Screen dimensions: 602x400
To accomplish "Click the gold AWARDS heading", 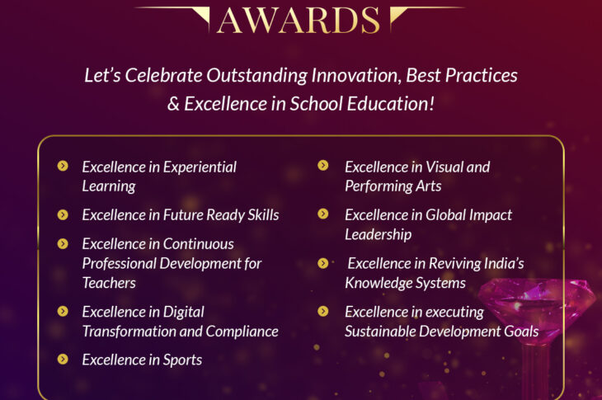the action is [299, 21].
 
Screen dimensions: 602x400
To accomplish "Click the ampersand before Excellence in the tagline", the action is [173, 104].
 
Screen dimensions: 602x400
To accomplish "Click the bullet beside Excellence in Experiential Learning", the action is [63, 166].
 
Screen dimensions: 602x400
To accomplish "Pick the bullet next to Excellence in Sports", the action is [63, 359].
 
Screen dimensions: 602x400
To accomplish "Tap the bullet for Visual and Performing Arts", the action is [323, 165].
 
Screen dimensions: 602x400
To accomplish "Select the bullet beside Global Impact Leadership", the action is [323, 214].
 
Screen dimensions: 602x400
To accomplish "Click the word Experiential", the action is [200, 167].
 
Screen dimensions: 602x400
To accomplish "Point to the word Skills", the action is [263, 215].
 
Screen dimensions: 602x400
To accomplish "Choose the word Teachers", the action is [109, 283].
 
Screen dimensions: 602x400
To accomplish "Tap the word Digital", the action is [184, 313].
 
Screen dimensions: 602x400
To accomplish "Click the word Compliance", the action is [242, 332].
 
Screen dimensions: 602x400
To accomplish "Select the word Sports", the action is [182, 360].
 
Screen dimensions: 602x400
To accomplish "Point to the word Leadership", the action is [379, 235].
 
